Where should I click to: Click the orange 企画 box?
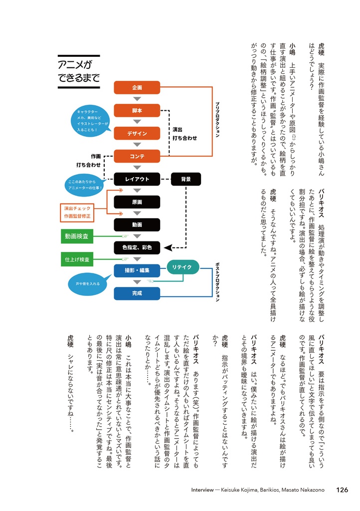click(137, 87)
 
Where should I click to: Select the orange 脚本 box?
click(137, 110)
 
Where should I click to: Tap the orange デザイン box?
click(137, 133)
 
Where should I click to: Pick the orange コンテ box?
click(137, 156)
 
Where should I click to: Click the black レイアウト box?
click(137, 179)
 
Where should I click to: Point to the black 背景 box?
click(186, 179)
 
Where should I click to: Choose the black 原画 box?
click(137, 202)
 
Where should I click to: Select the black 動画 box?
click(137, 225)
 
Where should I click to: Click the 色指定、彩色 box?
click(137, 248)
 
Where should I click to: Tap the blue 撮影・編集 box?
click(137, 270)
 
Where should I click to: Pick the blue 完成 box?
click(137, 293)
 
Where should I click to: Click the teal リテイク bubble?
click(182, 267)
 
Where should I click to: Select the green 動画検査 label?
click(77, 236)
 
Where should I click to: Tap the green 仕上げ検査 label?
click(77, 259)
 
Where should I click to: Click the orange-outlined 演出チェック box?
click(77, 213)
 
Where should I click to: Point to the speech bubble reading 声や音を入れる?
click(88, 284)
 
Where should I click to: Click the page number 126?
click(342, 490)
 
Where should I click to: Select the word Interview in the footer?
click(202, 490)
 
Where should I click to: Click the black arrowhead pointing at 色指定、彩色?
click(168, 248)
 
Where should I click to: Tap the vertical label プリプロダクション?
click(217, 120)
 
